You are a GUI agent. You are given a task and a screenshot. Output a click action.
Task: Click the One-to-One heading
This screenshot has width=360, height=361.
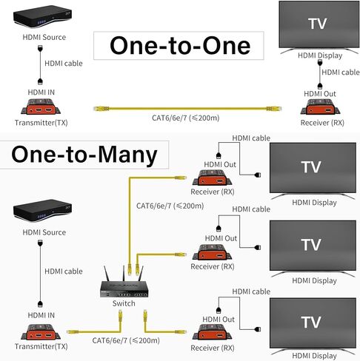pyautogui.click(x=180, y=45)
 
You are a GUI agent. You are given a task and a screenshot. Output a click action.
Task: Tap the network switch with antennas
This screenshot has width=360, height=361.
pyautogui.click(x=124, y=287)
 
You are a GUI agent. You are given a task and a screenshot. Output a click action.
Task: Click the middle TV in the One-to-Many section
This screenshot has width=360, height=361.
pyautogui.click(x=311, y=246)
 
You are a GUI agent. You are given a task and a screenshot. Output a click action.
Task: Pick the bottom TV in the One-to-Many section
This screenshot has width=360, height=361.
pyautogui.click(x=311, y=323)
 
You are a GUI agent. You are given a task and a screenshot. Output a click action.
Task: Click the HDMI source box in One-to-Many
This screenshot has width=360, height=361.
pyautogui.click(x=37, y=215)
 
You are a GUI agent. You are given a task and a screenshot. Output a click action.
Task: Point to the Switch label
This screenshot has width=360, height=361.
pyautogui.click(x=124, y=303)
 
